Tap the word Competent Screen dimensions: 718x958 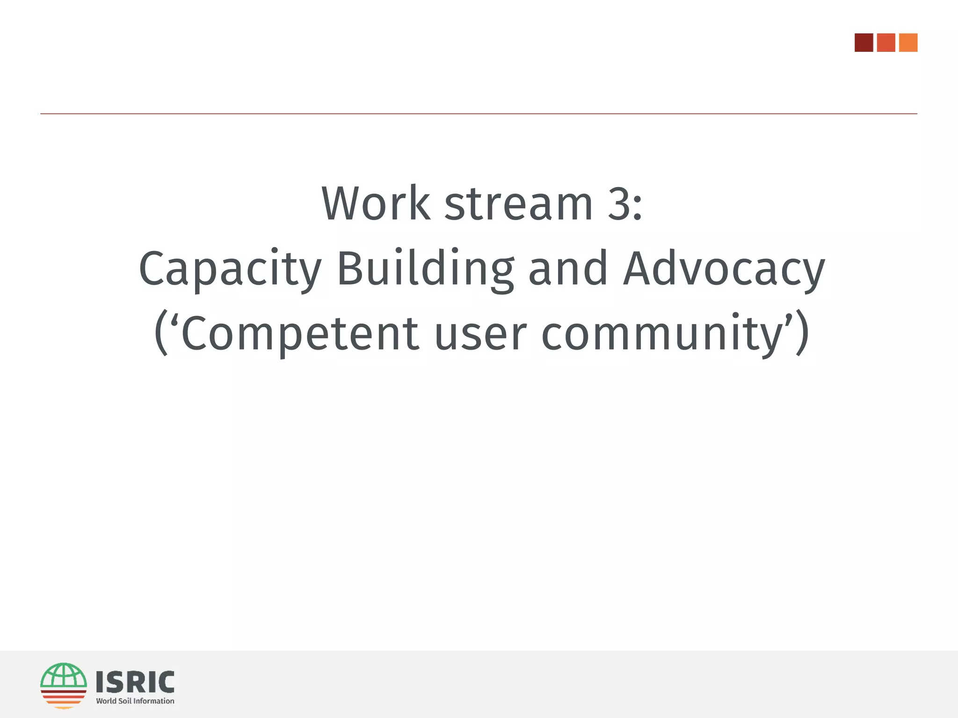(x=299, y=334)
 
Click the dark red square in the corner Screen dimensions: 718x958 (x=864, y=43)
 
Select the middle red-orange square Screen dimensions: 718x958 (x=886, y=43)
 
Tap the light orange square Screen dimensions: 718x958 (x=908, y=43)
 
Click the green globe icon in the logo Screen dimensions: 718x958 (x=64, y=676)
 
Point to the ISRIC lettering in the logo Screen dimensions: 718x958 (x=135, y=682)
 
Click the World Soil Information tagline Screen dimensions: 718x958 (x=135, y=701)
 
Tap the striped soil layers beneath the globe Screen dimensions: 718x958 (x=64, y=698)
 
